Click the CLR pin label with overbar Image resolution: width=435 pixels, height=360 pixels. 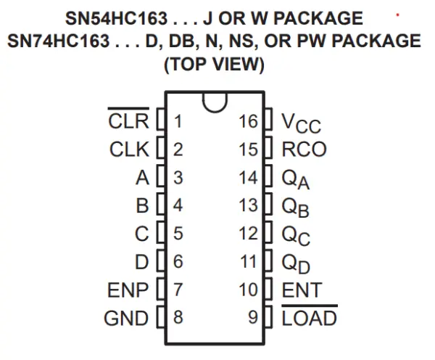pyautogui.click(x=128, y=120)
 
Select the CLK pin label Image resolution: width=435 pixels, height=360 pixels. pyautogui.click(x=128, y=150)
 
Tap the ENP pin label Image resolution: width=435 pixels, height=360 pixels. pyautogui.click(x=128, y=290)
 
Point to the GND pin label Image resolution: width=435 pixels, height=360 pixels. pyautogui.click(x=126, y=319)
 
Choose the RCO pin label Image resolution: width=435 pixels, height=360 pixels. pyautogui.click(x=304, y=150)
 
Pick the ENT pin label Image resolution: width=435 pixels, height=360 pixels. pyautogui.click(x=302, y=290)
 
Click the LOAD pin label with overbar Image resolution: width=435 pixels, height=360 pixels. pyautogui.click(x=309, y=318)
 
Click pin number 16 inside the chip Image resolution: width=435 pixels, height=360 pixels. pyautogui.click(x=248, y=121)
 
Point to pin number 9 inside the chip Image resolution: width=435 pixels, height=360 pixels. pyautogui.click(x=252, y=318)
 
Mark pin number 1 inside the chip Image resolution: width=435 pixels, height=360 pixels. pyautogui.click(x=178, y=121)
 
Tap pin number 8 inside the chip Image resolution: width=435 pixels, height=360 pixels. pyautogui.click(x=178, y=318)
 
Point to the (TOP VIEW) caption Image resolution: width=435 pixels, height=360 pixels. pyautogui.click(x=213, y=65)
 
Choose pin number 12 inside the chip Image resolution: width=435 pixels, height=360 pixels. pyautogui.click(x=248, y=234)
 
